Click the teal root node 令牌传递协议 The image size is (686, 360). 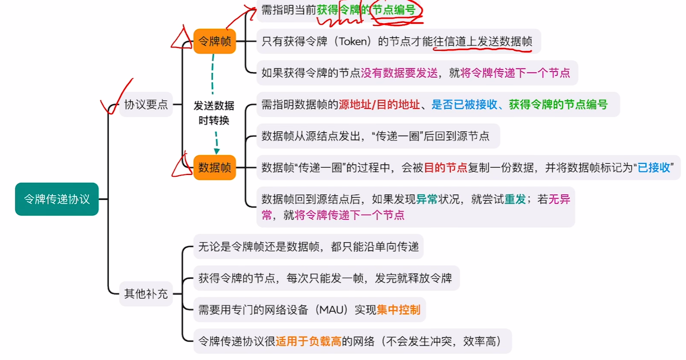[57, 199]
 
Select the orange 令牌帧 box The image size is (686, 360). [215, 41]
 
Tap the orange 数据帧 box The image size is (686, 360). [215, 167]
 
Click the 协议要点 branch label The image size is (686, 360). [146, 104]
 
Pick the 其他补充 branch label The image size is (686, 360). [146, 293]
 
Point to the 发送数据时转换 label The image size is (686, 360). [214, 113]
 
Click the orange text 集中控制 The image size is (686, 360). [398, 309]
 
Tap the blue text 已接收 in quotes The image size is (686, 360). [654, 167]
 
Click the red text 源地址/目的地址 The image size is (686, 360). [379, 104]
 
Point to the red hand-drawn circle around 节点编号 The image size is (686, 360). [396, 10]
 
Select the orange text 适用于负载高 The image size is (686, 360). [309, 341]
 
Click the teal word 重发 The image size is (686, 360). [515, 199]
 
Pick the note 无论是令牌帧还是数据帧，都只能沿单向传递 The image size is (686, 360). [308, 246]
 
